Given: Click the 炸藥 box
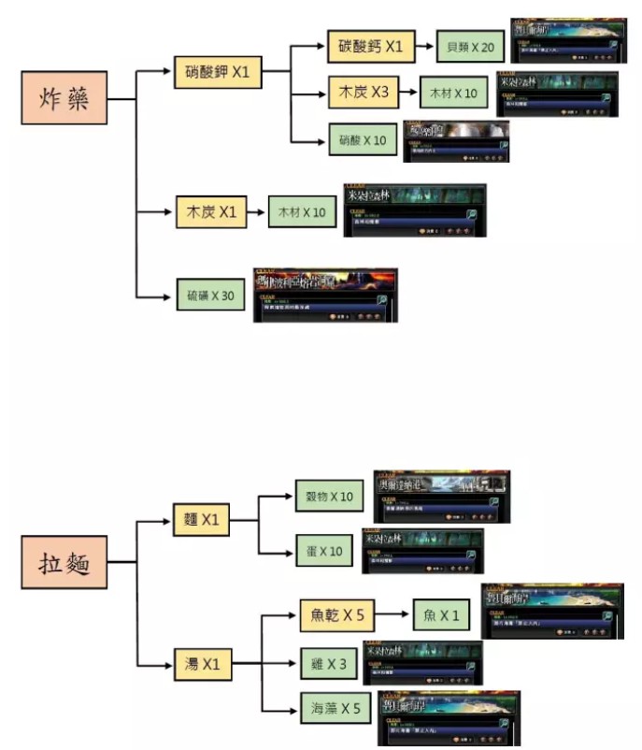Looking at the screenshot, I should coord(64,99).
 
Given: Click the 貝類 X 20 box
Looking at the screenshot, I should coord(471,46).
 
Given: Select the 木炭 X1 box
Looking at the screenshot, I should coord(210,212).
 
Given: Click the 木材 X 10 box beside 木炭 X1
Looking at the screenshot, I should coord(301,213).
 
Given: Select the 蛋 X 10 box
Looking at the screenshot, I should coord(324,551).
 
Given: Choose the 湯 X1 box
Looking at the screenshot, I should coord(201,664).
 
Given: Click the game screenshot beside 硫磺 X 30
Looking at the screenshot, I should coord(325,296).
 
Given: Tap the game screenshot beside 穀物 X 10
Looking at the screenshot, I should coord(440,496).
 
